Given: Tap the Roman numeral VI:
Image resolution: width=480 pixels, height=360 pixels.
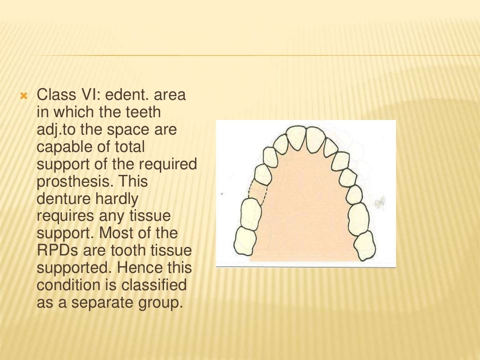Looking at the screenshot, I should [x=90, y=95].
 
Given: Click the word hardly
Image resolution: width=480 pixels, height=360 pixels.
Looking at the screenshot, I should [x=118, y=199].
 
